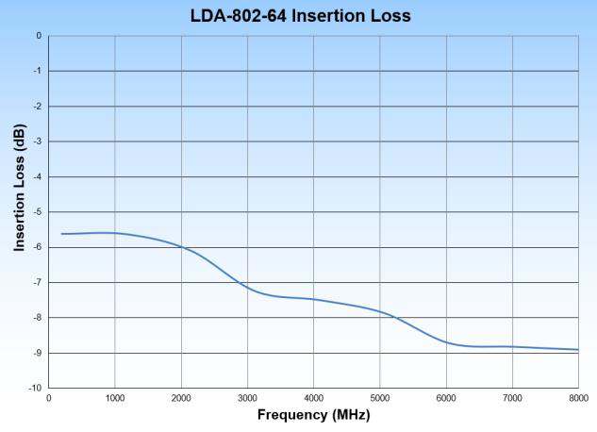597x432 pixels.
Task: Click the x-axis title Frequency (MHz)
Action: point(313,415)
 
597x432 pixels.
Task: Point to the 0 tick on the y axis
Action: point(39,36)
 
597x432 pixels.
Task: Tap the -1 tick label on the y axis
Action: point(37,71)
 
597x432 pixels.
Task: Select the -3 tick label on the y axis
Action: point(37,141)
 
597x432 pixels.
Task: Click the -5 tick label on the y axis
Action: point(37,212)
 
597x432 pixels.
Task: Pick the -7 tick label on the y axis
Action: point(37,283)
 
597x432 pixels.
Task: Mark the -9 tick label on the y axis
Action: point(37,353)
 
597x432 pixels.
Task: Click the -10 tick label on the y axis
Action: point(35,388)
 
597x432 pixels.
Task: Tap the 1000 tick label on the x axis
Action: point(115,399)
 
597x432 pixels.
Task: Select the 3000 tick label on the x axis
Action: point(247,399)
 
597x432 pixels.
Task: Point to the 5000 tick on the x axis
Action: point(380,399)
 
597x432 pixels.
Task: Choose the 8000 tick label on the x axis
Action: point(577,399)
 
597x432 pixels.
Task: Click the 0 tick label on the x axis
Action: point(49,399)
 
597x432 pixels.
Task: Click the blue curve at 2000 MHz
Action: point(181,247)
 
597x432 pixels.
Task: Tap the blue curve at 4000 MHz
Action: point(313,299)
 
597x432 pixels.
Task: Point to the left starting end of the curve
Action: point(62,234)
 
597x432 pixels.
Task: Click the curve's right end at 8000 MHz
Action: point(577,350)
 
